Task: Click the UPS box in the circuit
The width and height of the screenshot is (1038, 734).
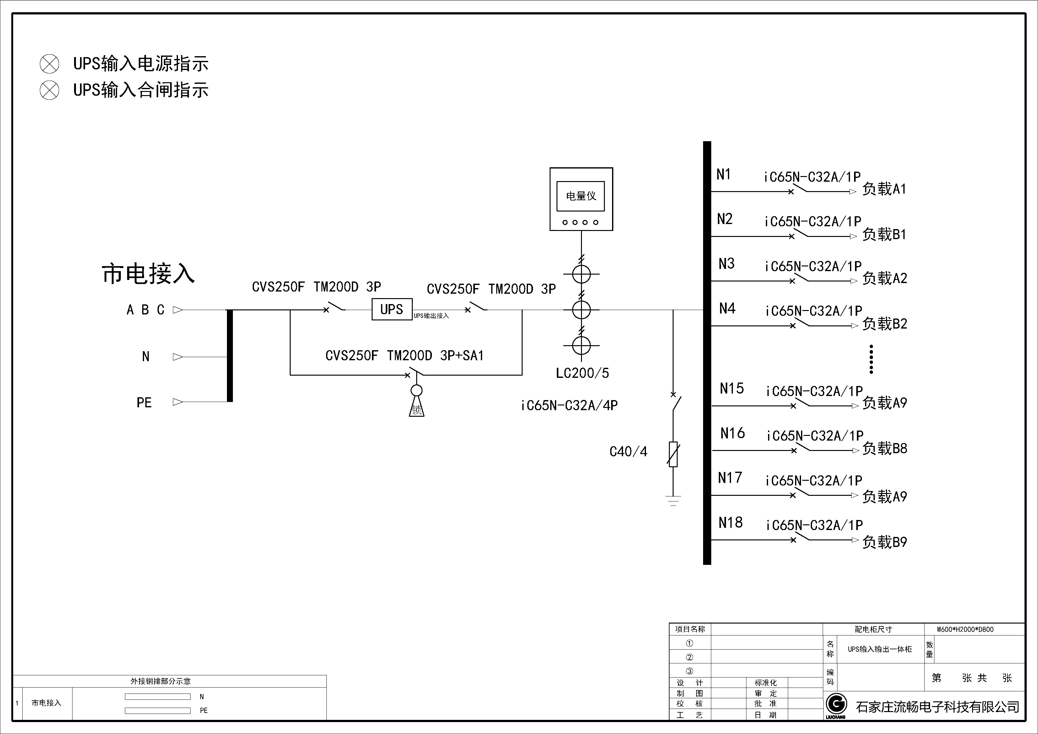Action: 391,310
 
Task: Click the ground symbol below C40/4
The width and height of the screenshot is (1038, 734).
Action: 673,500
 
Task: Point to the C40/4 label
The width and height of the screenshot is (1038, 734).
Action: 628,452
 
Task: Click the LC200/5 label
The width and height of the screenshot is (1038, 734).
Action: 582,373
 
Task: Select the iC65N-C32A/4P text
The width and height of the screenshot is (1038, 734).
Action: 569,405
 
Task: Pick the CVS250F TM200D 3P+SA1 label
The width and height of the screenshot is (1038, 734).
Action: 404,356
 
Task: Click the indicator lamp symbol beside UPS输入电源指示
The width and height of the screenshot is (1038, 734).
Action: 49,64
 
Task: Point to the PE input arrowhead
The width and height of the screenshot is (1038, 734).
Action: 178,402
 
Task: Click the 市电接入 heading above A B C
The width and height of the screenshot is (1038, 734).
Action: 148,274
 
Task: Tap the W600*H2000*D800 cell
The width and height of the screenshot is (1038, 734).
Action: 965,629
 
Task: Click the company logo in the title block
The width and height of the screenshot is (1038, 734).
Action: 836,704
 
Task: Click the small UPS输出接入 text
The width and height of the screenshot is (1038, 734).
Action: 431,316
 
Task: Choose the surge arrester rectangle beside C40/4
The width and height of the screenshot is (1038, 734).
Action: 673,454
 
